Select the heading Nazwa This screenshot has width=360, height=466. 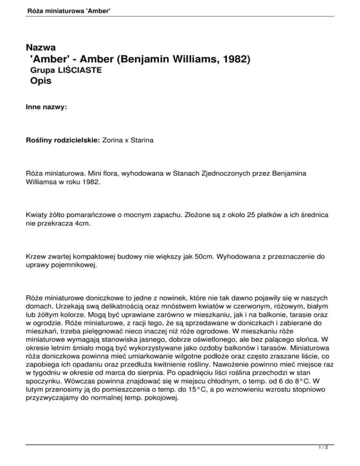click(x=42, y=47)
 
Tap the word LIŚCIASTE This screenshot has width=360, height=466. click(x=82, y=70)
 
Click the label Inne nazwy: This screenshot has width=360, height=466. click(x=46, y=107)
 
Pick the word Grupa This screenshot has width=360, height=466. click(x=42, y=70)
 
